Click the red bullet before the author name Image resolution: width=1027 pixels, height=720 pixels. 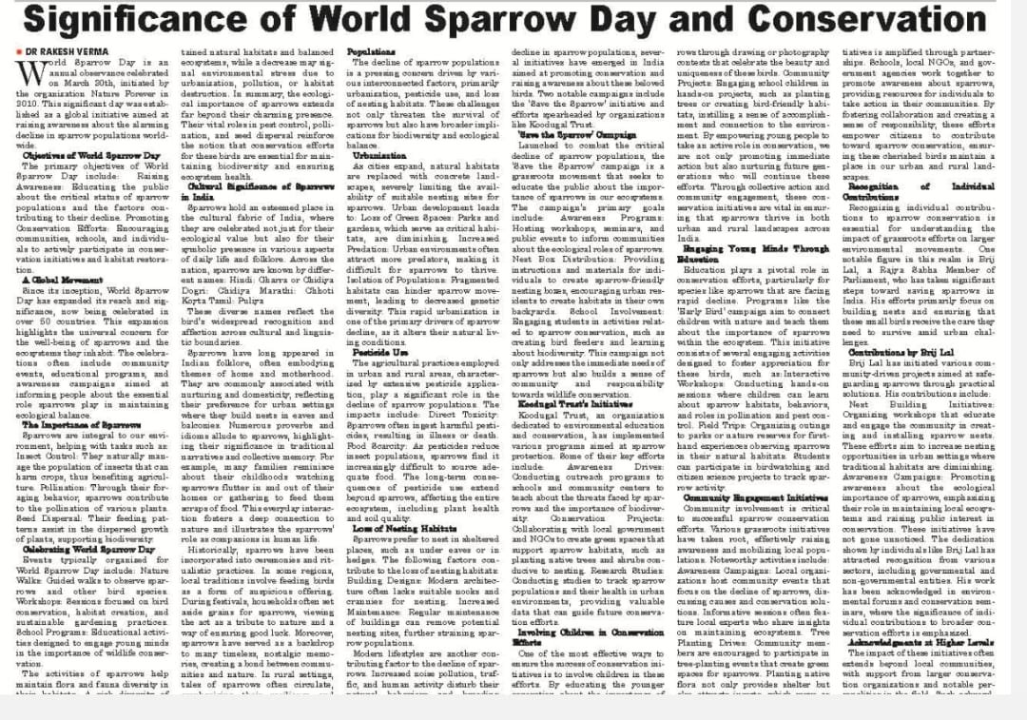pos(18,49)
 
